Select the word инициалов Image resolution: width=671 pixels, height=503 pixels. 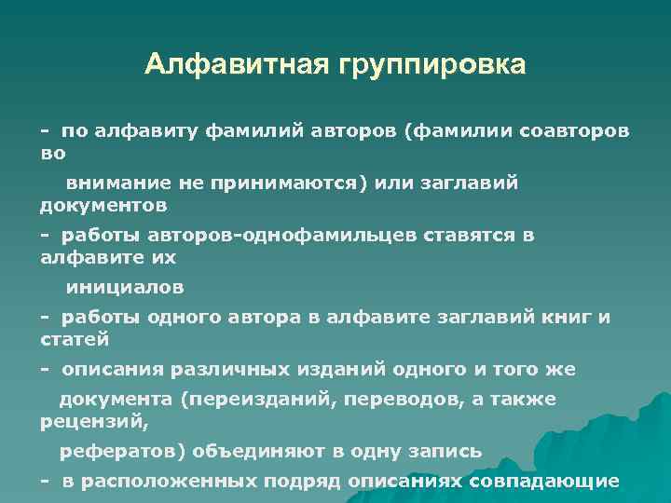click(x=124, y=287)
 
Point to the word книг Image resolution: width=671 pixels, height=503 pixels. click(x=568, y=317)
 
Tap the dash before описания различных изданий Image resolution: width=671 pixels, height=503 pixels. click(x=45, y=369)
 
